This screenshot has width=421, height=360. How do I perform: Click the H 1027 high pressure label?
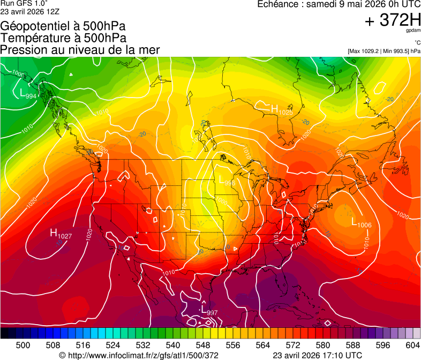(61, 234)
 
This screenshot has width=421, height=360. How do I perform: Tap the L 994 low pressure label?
(28, 94)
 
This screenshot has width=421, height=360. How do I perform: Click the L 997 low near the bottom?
(208, 311)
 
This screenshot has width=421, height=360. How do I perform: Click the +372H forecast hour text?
(392, 20)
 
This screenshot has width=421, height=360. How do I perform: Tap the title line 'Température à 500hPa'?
(63, 38)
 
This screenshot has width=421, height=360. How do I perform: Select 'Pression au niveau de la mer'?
(80, 50)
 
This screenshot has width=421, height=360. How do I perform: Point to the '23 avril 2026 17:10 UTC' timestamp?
(317, 355)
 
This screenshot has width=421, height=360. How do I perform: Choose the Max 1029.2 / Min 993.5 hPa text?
(384, 51)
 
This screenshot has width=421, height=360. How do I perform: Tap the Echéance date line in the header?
(339, 4)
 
